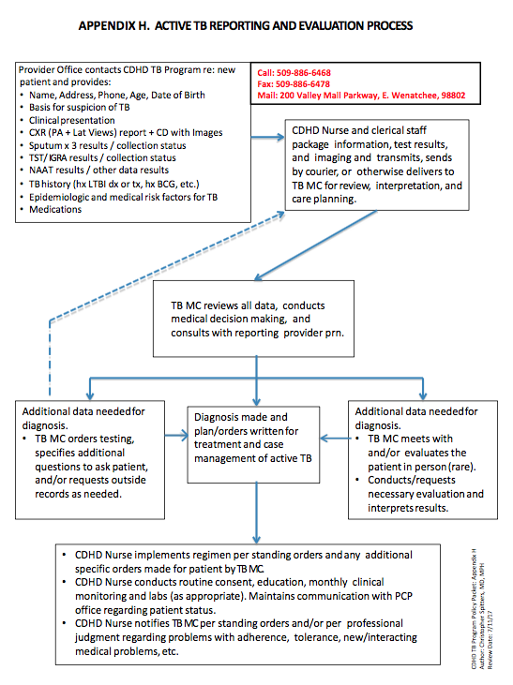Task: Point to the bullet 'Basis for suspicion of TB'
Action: (84, 108)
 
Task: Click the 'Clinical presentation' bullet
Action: (76, 120)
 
